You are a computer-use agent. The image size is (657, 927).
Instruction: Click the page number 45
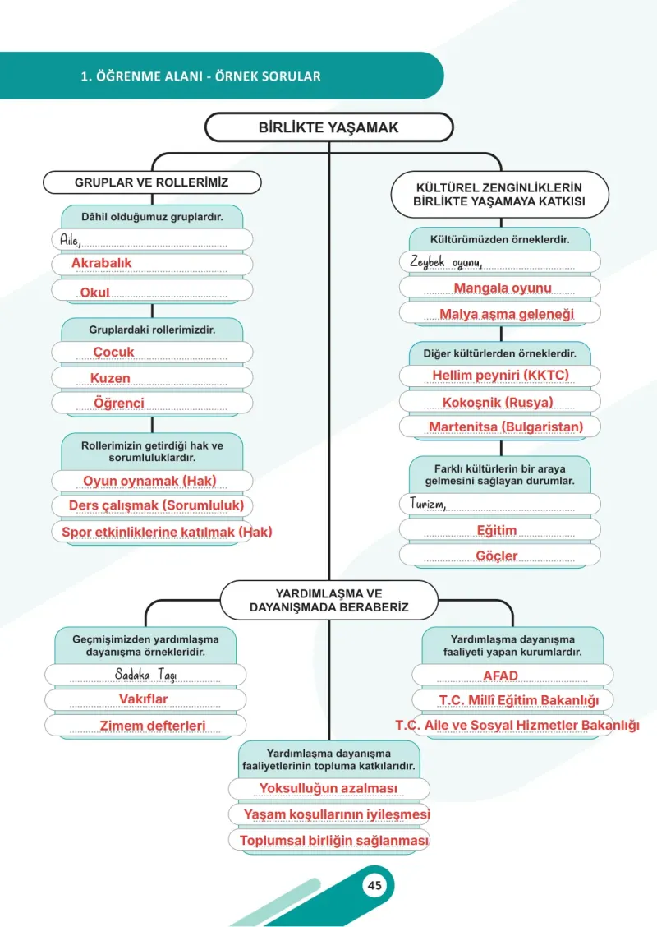click(x=374, y=885)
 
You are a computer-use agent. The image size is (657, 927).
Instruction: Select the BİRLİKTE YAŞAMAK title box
click(x=329, y=127)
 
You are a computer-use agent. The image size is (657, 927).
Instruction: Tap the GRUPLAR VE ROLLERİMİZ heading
click(x=152, y=182)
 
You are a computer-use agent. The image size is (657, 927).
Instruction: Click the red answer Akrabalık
click(x=102, y=262)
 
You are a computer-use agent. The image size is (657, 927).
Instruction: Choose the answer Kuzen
click(x=110, y=378)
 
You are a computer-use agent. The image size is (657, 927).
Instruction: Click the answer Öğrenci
click(x=119, y=403)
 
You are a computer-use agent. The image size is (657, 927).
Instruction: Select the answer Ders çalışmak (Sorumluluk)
click(x=157, y=505)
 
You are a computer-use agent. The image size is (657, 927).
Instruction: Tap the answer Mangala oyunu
click(x=503, y=288)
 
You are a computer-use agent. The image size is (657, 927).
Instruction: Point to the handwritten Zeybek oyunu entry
click(x=446, y=262)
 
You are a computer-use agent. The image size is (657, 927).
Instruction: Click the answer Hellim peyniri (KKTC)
click(x=500, y=376)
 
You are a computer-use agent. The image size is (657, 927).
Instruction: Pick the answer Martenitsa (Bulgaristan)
click(x=507, y=427)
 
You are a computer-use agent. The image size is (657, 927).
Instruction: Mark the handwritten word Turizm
click(x=428, y=503)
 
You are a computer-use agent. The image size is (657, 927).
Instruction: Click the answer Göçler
click(x=497, y=556)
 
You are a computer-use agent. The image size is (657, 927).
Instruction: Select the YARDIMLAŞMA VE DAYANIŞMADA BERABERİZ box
click(x=329, y=600)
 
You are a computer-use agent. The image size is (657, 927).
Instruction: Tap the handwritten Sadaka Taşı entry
click(x=145, y=675)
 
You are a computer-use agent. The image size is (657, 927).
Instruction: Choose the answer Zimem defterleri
click(x=153, y=726)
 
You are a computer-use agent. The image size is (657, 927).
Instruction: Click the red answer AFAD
click(x=500, y=676)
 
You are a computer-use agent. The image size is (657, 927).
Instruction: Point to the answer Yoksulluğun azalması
click(x=328, y=788)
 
